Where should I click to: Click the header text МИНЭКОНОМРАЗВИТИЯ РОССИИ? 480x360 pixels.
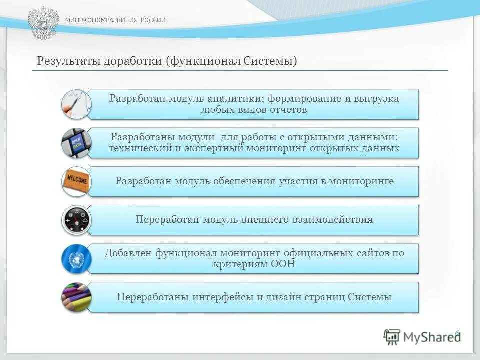(115, 20)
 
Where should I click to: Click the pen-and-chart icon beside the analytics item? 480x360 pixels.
(76, 104)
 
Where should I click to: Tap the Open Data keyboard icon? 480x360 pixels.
(76, 143)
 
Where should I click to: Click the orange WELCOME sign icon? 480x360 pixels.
(76, 181)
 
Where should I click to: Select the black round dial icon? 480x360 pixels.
(76, 220)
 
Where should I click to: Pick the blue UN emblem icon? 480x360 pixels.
(76, 258)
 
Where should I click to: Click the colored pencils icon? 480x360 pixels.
(76, 297)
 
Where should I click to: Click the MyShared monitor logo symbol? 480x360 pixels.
(392, 337)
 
